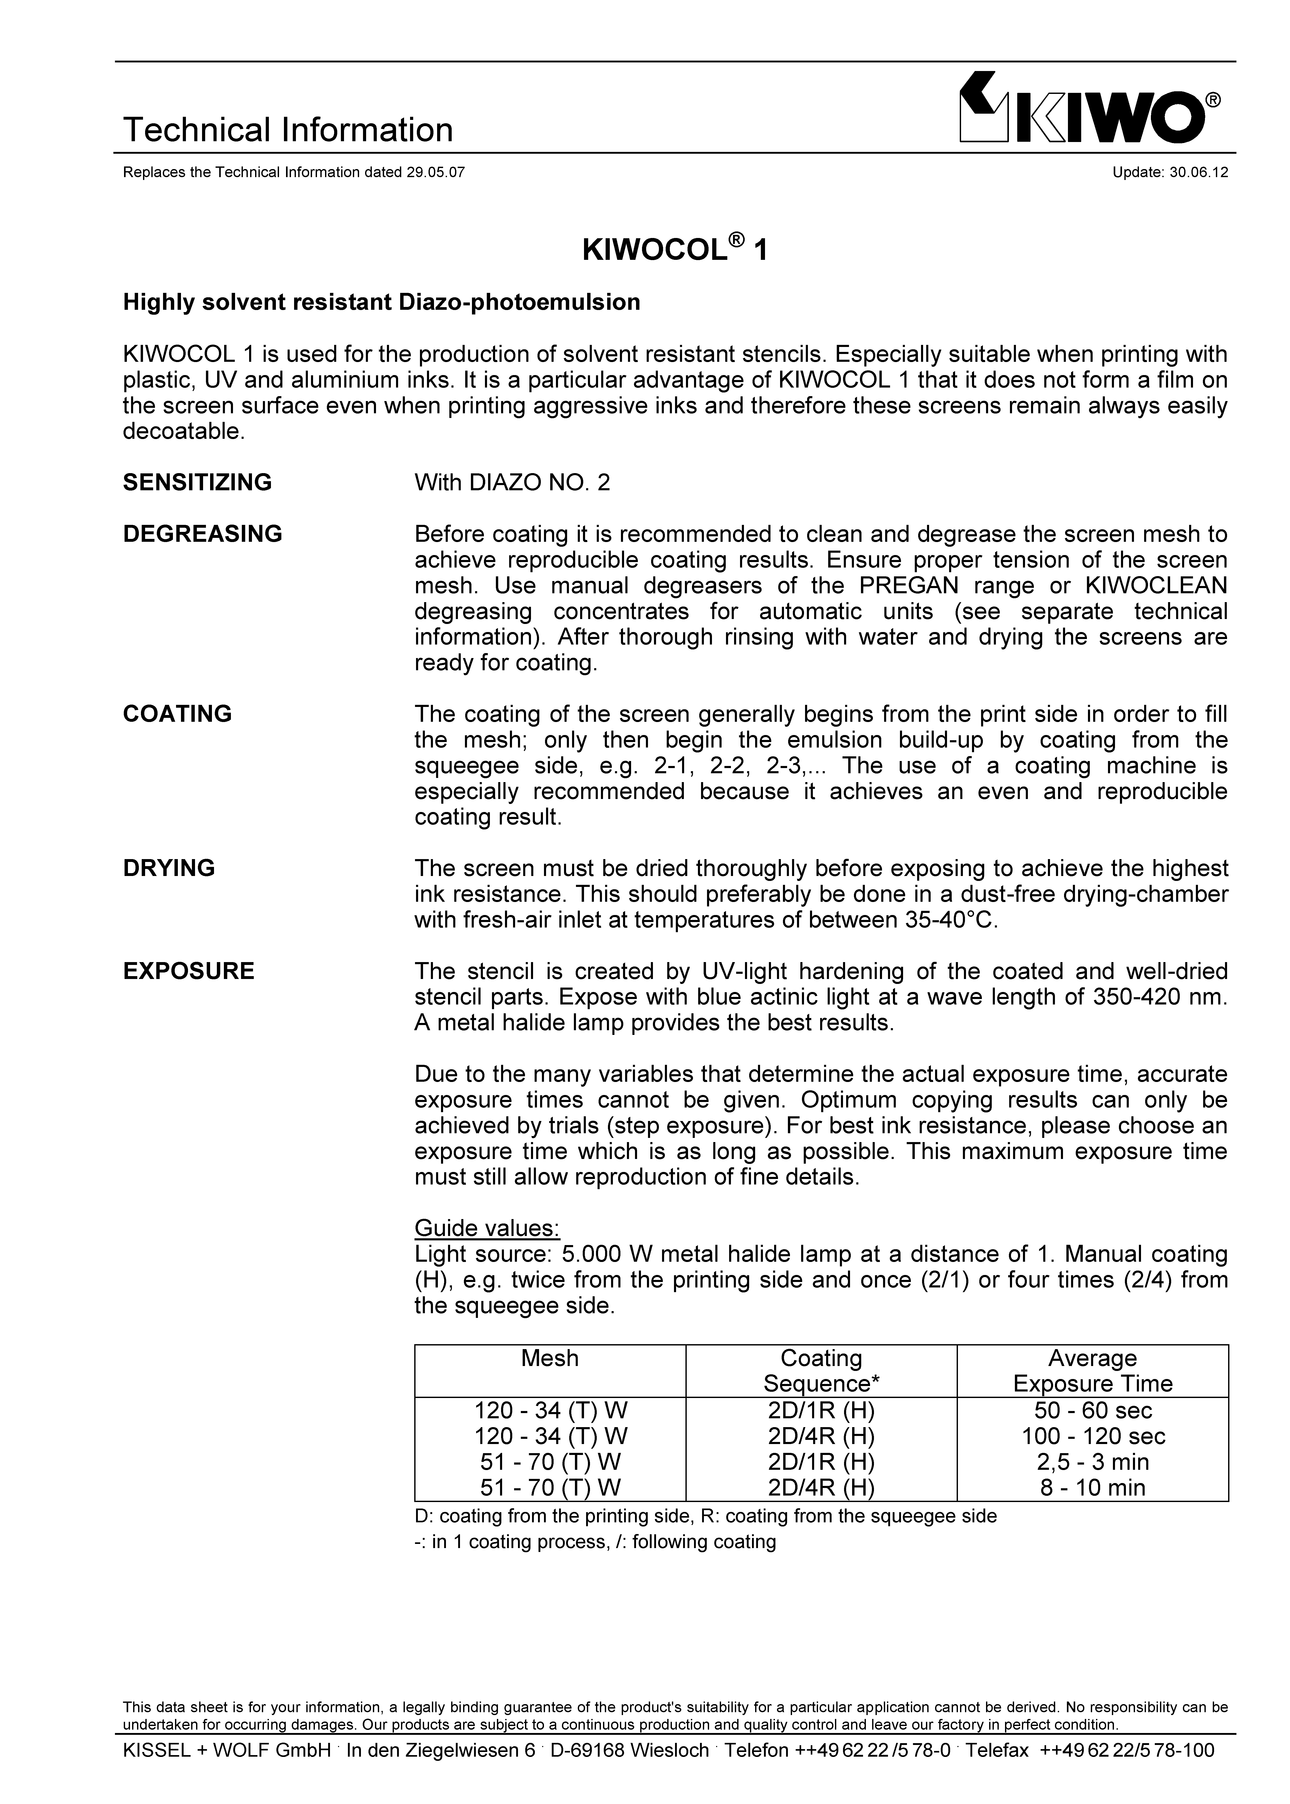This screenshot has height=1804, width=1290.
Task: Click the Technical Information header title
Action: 288,130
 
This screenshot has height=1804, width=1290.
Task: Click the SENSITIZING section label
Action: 197,482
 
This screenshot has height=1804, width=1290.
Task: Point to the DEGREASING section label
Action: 203,534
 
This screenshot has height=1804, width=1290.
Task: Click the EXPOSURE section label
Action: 188,971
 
